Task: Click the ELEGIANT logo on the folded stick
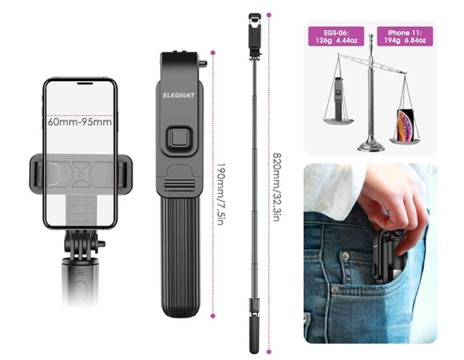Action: coord(179,95)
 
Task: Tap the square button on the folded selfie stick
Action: coord(179,138)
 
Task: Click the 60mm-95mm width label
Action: coord(80,122)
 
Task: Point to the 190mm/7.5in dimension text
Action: coord(220,194)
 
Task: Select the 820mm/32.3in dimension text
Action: coord(276,187)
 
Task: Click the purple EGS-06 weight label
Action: coord(336,36)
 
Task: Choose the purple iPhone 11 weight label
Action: coord(404,36)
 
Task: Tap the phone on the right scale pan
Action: coord(405,126)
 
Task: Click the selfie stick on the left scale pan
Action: coord(339,98)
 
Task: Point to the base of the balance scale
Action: coord(371,145)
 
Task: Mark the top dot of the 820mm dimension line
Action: coord(268,15)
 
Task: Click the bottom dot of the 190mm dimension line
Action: coord(213,316)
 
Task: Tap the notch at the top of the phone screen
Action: coord(85,83)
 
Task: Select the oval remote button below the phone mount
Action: coord(80,291)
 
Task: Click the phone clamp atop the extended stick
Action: coord(254,36)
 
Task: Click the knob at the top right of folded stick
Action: coord(203,63)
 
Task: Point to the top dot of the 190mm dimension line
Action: coord(213,53)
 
